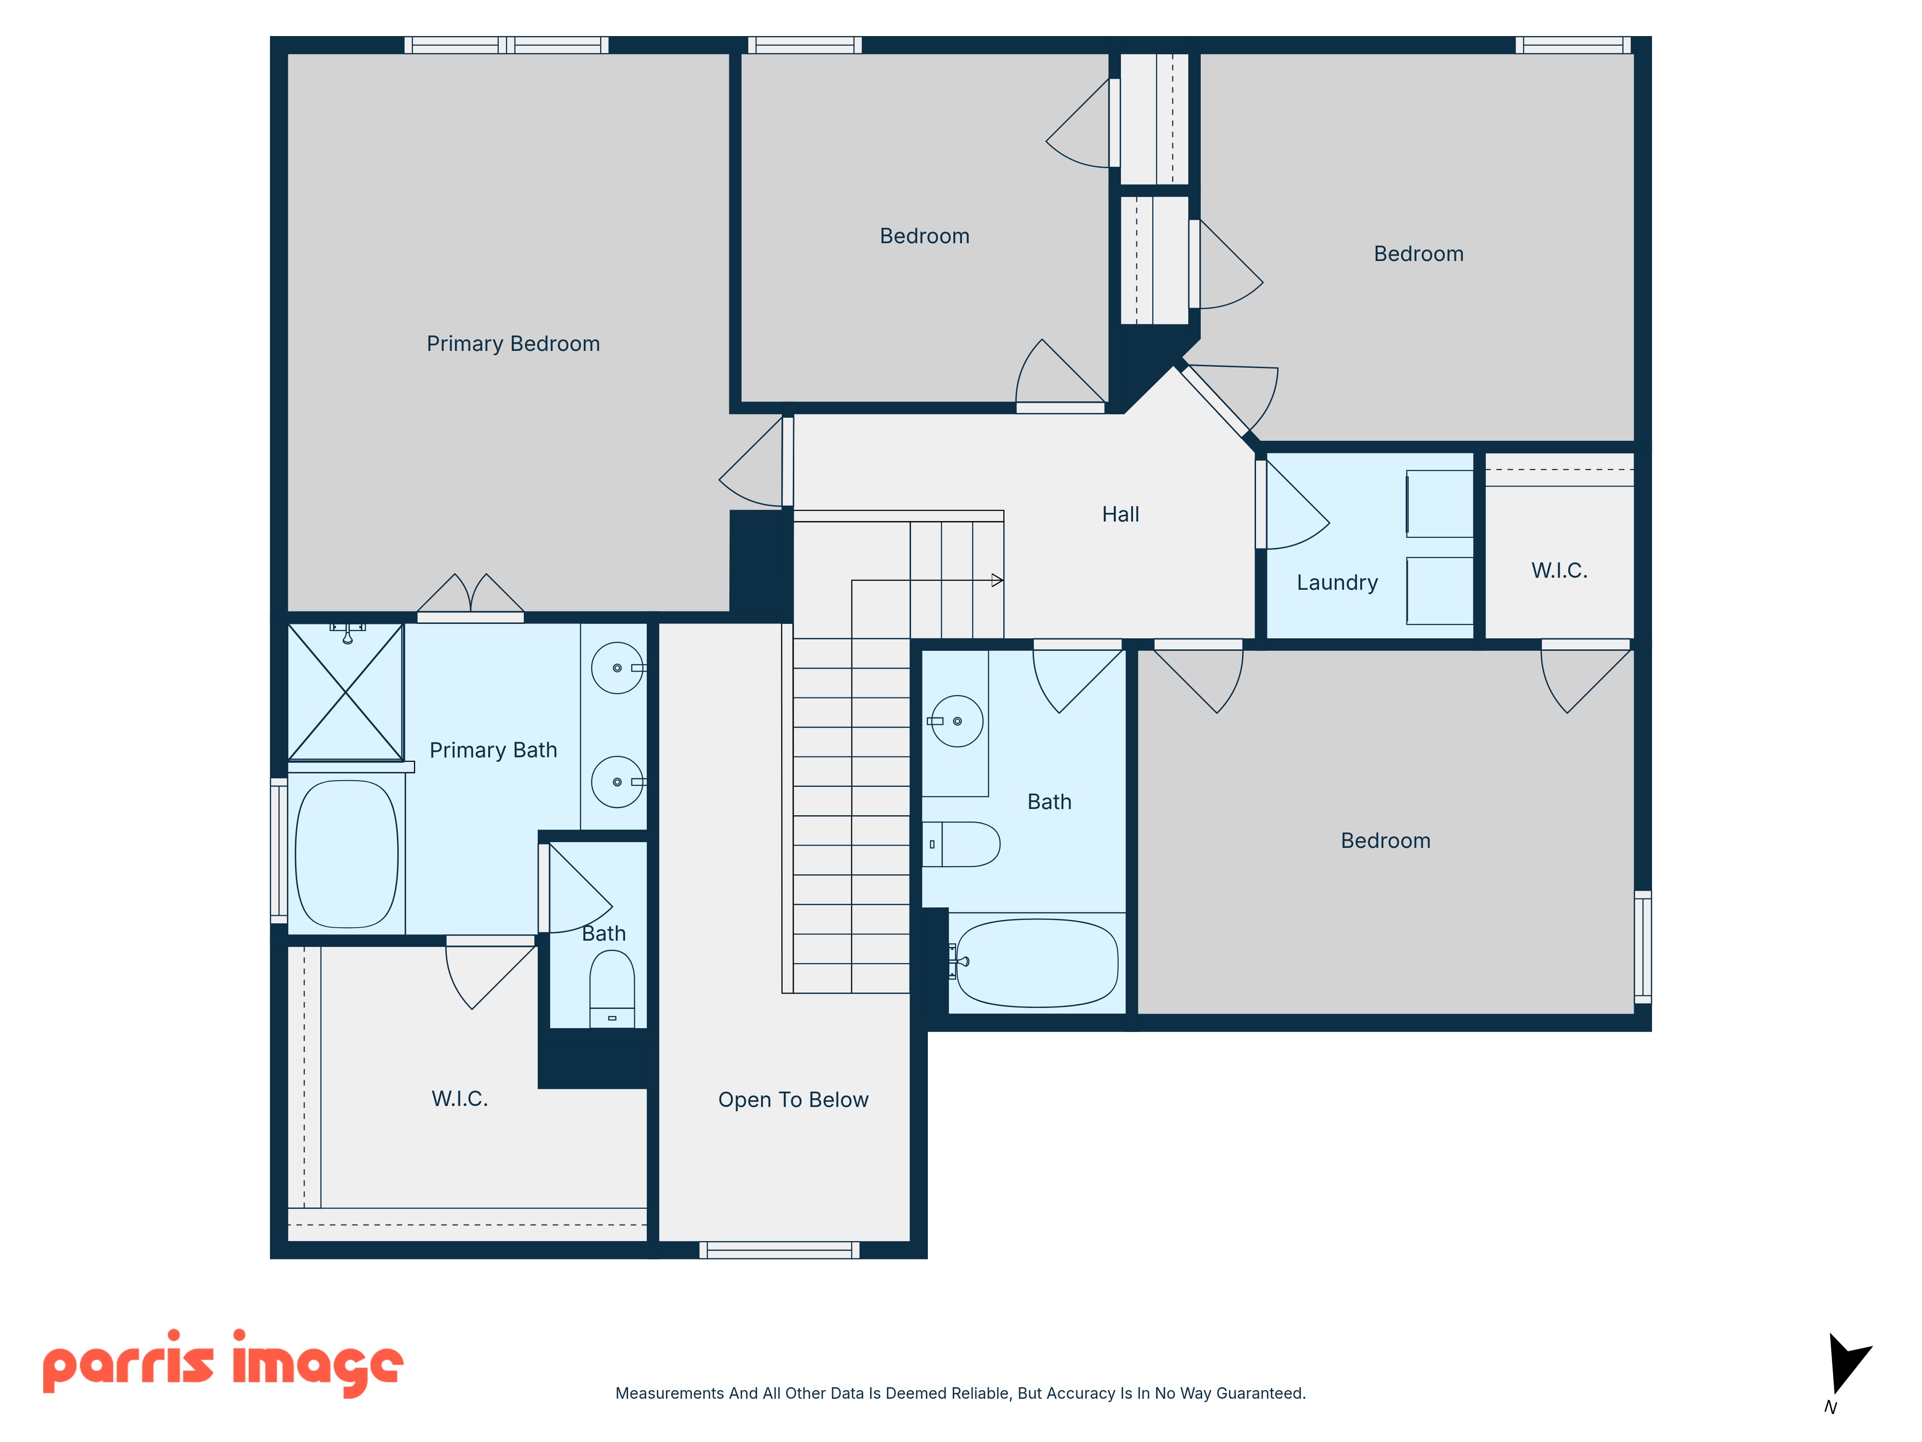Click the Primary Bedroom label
(513, 344)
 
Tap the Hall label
(1120, 515)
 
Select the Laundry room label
(1337, 583)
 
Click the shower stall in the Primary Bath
(346, 692)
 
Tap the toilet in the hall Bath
(961, 844)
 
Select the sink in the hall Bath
(957, 721)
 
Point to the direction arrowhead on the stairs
(998, 580)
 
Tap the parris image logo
(223, 1363)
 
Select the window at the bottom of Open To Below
(779, 1250)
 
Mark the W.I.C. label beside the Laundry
(1559, 571)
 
